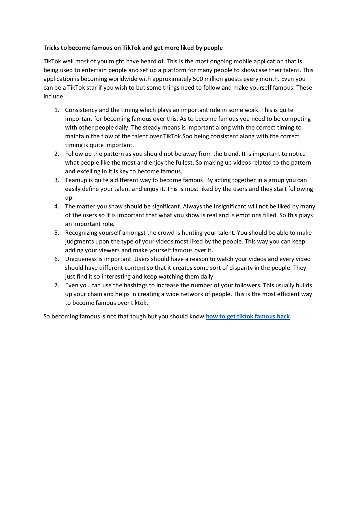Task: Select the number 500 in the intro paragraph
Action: click(x=198, y=79)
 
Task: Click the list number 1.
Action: click(x=57, y=110)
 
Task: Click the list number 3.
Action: click(x=57, y=180)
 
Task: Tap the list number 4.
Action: click(x=57, y=206)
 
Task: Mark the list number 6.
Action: click(x=57, y=259)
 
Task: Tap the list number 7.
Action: click(x=57, y=285)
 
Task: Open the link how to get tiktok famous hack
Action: click(x=248, y=316)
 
